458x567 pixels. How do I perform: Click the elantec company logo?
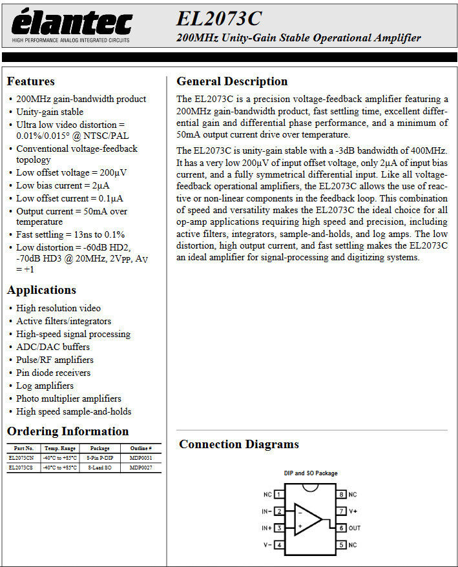[x=72, y=26]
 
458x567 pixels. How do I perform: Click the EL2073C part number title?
[x=218, y=18]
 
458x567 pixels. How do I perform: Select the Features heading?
[x=30, y=81]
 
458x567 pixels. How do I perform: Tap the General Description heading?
[x=232, y=81]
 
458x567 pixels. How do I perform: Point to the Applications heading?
[x=41, y=290]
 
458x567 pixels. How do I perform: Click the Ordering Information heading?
[x=68, y=431]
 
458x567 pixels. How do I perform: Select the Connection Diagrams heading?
[x=238, y=444]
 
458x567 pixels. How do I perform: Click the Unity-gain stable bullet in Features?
[x=50, y=112]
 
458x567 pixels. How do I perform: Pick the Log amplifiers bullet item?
[x=45, y=386]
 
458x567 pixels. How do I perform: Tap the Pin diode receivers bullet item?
[x=54, y=373]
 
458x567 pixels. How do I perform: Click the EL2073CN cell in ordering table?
[x=22, y=458]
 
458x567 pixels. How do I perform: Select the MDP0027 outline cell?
[x=141, y=468]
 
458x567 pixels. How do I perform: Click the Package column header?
[x=99, y=448]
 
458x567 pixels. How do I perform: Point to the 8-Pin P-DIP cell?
[x=99, y=458]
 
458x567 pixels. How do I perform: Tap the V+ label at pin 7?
[x=353, y=511]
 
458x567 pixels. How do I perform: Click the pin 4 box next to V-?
[x=279, y=544]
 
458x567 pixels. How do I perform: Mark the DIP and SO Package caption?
[x=310, y=473]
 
